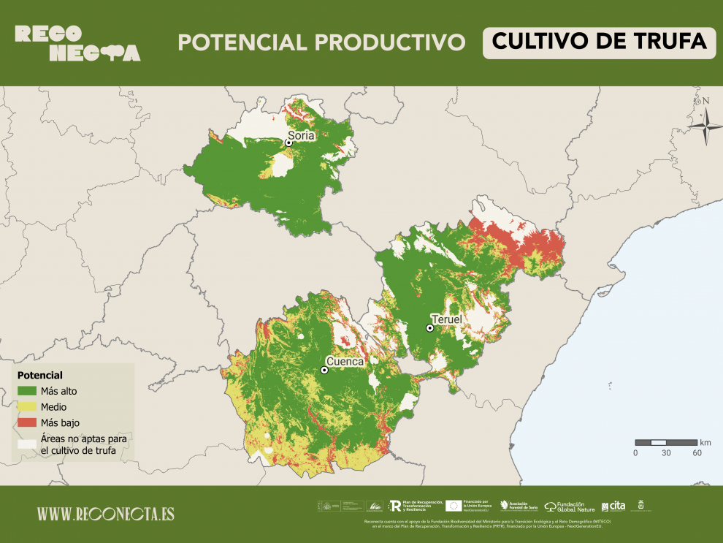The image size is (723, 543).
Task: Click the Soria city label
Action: tap(301, 135)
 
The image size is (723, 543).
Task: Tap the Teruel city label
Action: tap(447, 320)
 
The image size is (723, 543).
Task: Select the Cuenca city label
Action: tap(345, 361)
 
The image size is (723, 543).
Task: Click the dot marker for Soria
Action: tap(288, 143)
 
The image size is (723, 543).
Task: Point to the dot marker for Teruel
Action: tap(430, 328)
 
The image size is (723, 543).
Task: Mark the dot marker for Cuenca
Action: tap(324, 371)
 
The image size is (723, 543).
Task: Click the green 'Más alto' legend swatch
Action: tap(27, 391)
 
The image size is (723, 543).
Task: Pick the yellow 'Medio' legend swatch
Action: tap(27, 406)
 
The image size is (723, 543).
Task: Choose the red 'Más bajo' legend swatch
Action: tap(27, 422)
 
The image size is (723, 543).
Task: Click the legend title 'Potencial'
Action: tap(40, 375)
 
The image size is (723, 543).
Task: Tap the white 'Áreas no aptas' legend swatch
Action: tap(27, 443)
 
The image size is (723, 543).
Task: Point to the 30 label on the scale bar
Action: tap(666, 453)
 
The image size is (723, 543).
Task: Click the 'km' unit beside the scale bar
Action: tap(705, 442)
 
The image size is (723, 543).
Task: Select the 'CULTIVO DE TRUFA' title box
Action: tap(599, 42)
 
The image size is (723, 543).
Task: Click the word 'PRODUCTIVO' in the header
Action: tap(392, 42)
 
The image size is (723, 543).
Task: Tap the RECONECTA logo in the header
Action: tap(77, 43)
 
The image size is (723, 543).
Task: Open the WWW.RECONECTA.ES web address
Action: tap(106, 514)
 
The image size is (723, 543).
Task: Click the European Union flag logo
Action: tap(454, 505)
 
